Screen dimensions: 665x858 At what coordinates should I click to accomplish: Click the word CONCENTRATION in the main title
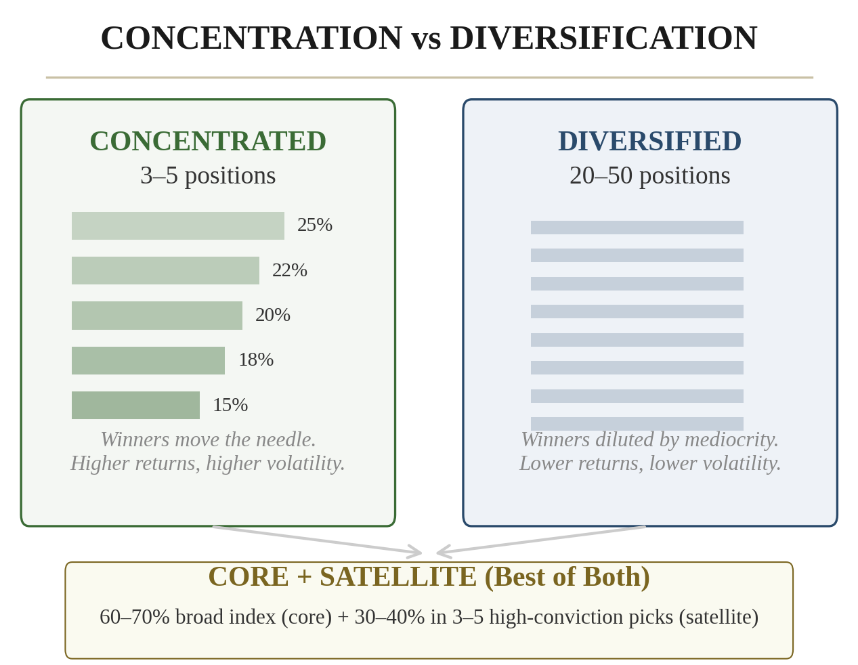click(251, 38)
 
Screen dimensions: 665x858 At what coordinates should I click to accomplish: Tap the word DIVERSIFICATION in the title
click(603, 38)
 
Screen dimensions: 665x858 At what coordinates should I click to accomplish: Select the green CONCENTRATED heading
click(208, 141)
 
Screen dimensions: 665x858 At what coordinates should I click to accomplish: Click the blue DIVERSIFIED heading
click(649, 141)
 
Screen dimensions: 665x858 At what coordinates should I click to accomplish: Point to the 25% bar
click(177, 226)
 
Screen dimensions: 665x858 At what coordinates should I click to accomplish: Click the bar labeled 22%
click(165, 270)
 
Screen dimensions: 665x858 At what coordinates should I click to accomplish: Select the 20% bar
click(156, 316)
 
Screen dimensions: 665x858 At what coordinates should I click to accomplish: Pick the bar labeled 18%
click(148, 360)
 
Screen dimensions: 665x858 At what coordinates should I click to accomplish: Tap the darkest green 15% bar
click(135, 405)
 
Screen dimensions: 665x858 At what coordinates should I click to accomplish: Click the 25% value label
click(315, 225)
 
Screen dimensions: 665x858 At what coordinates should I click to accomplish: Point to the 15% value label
click(230, 405)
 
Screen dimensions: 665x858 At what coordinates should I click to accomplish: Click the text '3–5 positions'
click(208, 175)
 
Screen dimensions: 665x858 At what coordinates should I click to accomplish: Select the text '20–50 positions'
click(649, 175)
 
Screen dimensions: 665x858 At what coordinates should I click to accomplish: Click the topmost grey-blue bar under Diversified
click(637, 228)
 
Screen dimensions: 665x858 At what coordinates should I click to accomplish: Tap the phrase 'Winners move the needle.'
click(208, 439)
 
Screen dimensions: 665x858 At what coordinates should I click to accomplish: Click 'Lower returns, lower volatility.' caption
click(649, 463)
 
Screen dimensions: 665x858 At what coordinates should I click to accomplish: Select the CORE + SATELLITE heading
click(429, 576)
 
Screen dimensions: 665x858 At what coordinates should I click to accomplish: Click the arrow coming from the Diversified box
click(542, 540)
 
